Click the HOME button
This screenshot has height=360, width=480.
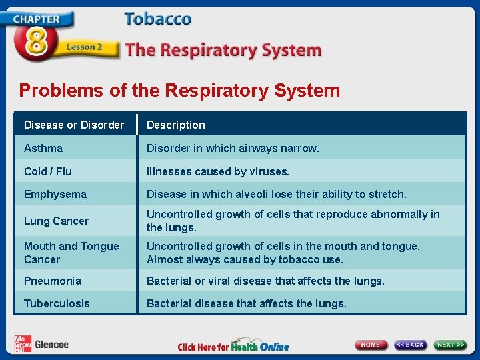[371, 345]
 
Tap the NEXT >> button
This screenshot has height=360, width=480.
[451, 345]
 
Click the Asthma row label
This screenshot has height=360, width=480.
[43, 148]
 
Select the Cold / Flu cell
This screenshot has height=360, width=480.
[48, 171]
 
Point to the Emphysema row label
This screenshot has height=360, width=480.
[55, 194]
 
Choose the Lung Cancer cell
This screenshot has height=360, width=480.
[56, 221]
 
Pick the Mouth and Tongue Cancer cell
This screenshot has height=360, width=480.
[71, 253]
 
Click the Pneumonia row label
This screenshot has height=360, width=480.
[53, 281]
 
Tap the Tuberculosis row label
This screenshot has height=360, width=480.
[57, 303]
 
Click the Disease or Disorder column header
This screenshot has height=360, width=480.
[74, 125]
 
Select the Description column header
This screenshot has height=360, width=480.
[176, 125]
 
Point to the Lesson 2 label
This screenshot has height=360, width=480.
[84, 47]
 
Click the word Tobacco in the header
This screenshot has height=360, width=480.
[157, 19]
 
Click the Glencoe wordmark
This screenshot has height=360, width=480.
[51, 345]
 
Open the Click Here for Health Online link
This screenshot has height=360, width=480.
[233, 346]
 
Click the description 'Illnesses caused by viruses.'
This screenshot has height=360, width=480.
[218, 171]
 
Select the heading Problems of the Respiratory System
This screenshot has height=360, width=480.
[179, 91]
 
